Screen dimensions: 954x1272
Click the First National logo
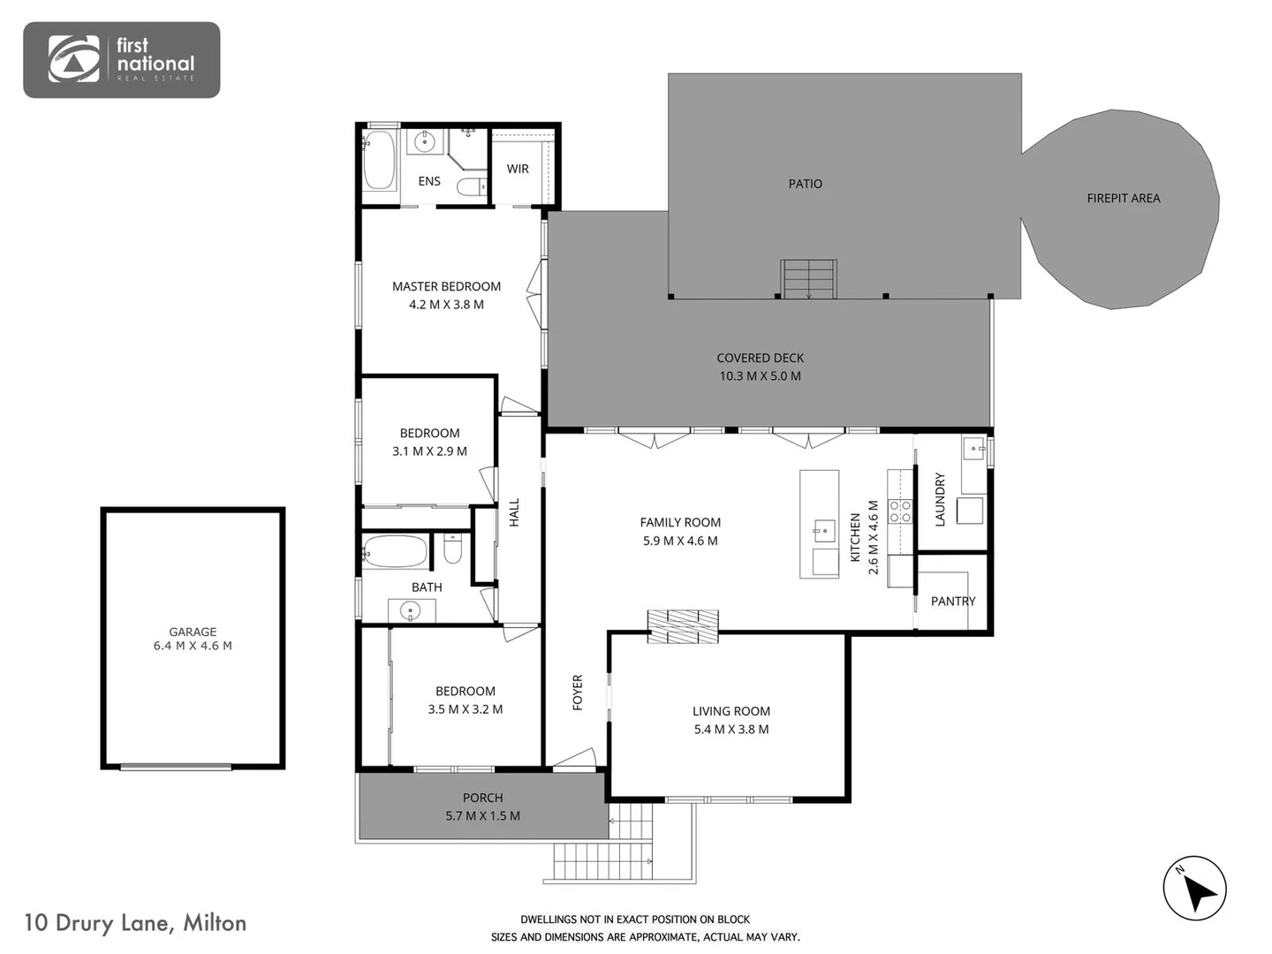pyautogui.click(x=121, y=59)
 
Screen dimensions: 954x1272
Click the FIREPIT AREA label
pyautogui.click(x=1123, y=199)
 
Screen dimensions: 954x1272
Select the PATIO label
pyautogui.click(x=805, y=184)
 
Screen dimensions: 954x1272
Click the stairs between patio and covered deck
pyautogui.click(x=808, y=279)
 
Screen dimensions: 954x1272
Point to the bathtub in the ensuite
pyautogui.click(x=379, y=160)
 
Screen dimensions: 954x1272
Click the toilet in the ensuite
pyautogui.click(x=470, y=186)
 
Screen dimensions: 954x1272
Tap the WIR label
pyautogui.click(x=518, y=169)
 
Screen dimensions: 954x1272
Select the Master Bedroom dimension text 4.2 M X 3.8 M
pyautogui.click(x=446, y=305)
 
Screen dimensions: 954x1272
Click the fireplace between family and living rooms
pyautogui.click(x=683, y=625)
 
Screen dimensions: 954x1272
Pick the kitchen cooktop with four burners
pyautogui.click(x=899, y=511)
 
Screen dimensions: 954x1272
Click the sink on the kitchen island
pyautogui.click(x=821, y=530)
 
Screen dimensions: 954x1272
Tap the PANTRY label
pyautogui.click(x=953, y=602)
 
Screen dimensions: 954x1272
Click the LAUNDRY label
pyautogui.click(x=940, y=500)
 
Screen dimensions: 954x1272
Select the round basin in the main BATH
pyautogui.click(x=410, y=610)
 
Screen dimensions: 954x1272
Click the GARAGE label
pyautogui.click(x=193, y=632)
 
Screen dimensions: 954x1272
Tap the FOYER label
pyautogui.click(x=578, y=693)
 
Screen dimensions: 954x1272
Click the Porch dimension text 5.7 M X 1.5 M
pyautogui.click(x=482, y=816)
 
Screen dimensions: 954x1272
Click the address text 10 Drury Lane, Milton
pyautogui.click(x=135, y=923)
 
